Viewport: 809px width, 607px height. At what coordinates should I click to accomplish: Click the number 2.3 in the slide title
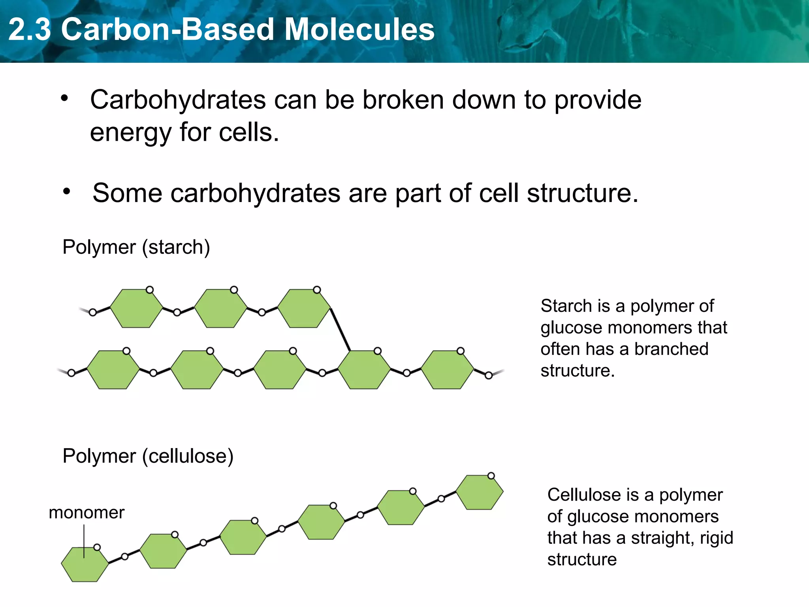(30, 30)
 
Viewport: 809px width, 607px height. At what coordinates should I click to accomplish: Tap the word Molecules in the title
(359, 30)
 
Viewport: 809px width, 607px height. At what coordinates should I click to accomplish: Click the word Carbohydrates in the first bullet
(178, 100)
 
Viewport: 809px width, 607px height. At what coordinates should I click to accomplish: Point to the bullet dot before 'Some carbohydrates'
(67, 192)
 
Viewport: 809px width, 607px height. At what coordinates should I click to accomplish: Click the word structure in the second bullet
(582, 193)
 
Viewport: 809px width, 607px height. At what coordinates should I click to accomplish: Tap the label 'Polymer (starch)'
(136, 247)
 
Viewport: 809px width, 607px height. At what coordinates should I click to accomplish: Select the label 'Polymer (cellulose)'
(148, 456)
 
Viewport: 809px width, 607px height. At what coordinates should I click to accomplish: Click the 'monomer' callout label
(87, 513)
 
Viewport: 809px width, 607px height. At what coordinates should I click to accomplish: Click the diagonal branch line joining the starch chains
(340, 329)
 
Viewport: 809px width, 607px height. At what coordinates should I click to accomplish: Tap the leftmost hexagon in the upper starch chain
(136, 308)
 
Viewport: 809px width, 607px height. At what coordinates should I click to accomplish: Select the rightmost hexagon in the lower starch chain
(447, 369)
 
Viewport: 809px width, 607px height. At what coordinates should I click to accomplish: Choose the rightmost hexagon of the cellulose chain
(480, 492)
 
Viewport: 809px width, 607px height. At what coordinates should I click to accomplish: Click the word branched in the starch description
(671, 349)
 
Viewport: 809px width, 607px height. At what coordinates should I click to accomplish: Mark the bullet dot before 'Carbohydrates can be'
(64, 98)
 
